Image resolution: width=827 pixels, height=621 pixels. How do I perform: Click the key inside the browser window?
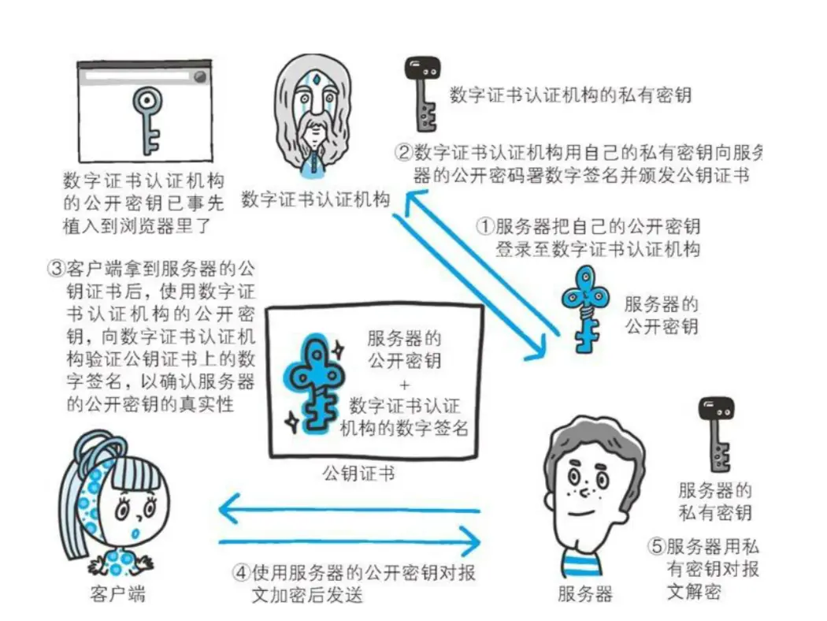(x=146, y=121)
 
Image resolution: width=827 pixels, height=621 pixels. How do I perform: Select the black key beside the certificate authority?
(x=422, y=94)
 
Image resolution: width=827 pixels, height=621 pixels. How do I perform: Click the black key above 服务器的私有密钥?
(x=716, y=434)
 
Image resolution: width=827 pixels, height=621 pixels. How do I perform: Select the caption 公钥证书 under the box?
(x=358, y=473)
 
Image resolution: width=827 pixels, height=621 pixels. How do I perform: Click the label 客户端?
(x=117, y=594)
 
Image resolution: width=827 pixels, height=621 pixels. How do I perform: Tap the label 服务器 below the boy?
(x=585, y=594)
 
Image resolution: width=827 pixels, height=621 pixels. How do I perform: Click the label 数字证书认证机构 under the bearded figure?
(x=315, y=199)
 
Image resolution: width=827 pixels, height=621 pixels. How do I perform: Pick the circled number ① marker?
(x=484, y=226)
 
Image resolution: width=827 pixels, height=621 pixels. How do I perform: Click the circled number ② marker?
(x=403, y=152)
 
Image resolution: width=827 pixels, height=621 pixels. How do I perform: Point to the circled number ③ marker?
(x=56, y=269)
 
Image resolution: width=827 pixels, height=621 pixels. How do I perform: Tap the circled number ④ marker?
(x=241, y=572)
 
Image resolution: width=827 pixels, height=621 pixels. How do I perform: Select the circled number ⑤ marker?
(x=656, y=545)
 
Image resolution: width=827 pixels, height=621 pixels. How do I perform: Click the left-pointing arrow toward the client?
(x=349, y=509)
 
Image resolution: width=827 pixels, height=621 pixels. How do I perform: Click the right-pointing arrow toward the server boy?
(x=349, y=542)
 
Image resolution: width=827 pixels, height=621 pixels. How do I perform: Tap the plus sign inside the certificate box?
(x=405, y=385)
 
